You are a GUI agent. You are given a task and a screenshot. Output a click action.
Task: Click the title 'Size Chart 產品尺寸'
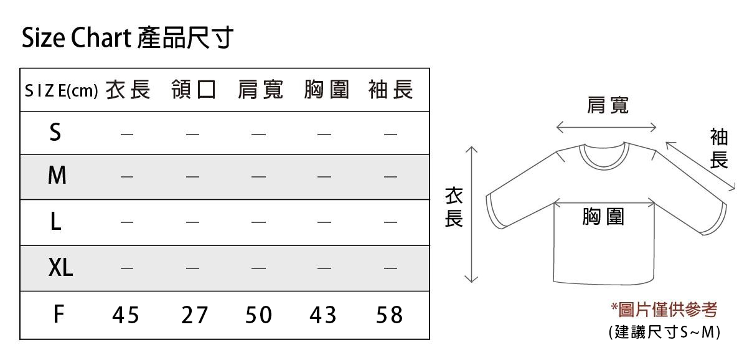click(x=127, y=39)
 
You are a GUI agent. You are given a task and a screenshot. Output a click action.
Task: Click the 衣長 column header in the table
click(x=128, y=90)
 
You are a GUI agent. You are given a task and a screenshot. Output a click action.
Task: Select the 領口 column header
click(x=194, y=90)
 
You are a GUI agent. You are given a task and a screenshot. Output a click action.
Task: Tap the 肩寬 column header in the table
click(x=260, y=90)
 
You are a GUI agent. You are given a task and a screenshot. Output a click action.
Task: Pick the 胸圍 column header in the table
click(x=327, y=90)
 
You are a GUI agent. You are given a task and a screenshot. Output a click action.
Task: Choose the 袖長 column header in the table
click(x=390, y=90)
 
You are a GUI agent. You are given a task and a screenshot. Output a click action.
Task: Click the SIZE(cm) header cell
click(x=61, y=92)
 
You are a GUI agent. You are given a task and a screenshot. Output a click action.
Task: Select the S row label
click(x=55, y=133)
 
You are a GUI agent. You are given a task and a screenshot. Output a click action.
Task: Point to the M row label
click(x=57, y=176)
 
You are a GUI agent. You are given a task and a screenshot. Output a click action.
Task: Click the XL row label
click(x=60, y=268)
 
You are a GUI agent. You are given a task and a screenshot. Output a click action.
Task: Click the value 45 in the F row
click(x=126, y=316)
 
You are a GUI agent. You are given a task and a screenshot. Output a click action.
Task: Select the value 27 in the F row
click(x=194, y=316)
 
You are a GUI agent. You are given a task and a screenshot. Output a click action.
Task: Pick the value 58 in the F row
click(x=390, y=316)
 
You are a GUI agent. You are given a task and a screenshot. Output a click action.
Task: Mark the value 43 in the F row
click(x=323, y=316)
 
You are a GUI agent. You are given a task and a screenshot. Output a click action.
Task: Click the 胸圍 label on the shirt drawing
click(x=603, y=217)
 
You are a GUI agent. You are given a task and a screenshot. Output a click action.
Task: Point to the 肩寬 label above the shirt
click(x=607, y=106)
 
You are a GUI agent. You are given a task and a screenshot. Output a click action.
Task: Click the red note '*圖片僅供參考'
click(x=664, y=309)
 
